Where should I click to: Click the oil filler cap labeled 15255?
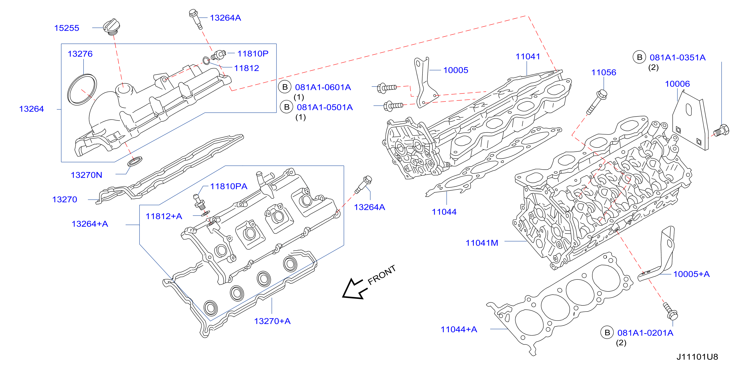tap(112, 27)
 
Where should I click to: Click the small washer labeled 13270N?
tap(135, 161)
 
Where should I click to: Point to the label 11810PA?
tap(229, 186)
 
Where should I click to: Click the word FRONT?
tap(381, 275)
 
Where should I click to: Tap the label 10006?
tap(677, 84)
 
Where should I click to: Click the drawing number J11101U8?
tap(697, 357)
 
